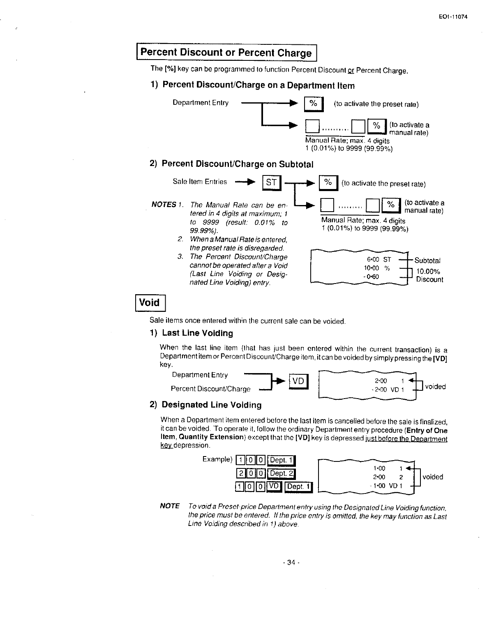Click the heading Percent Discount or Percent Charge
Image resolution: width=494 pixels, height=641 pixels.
tap(226, 53)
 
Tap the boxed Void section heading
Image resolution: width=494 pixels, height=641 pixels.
tap(150, 302)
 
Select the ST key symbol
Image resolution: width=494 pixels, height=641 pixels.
tap(271, 182)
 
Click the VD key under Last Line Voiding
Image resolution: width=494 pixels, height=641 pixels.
tap(299, 382)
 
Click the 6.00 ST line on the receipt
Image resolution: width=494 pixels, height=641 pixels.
tap(379, 260)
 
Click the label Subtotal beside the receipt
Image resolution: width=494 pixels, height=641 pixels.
tap(427, 261)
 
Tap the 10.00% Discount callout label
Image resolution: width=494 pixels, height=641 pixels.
tap(429, 275)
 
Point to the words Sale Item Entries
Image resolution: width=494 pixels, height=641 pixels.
tap(200, 182)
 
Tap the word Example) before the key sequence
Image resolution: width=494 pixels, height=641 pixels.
tap(217, 459)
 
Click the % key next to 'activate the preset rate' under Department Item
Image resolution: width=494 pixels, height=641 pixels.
tap(314, 104)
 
